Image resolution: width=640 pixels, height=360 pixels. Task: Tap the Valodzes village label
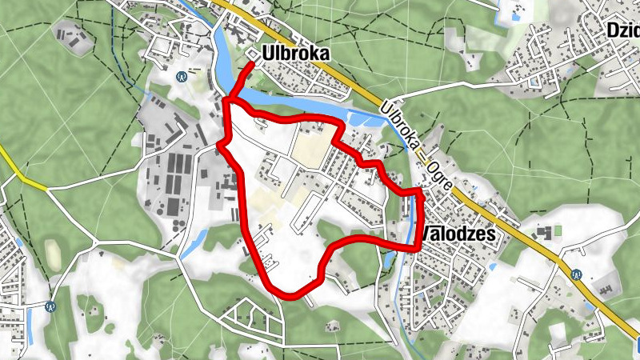[458, 234]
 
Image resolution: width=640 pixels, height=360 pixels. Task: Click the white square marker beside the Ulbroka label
[252, 54]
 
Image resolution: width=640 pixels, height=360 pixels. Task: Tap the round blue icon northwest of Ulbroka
[182, 77]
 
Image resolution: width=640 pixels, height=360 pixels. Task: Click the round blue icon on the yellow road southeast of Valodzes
[575, 273]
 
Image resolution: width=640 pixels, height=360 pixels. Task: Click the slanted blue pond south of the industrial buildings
[194, 243]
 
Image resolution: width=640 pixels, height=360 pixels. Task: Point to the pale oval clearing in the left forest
[53, 254]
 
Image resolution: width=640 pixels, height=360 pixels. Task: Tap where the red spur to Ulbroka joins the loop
[229, 100]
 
